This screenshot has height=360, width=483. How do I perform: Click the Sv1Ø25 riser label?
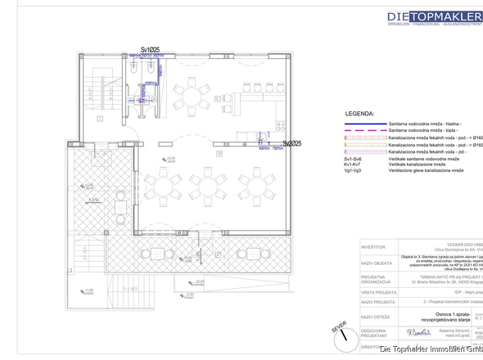pyautogui.click(x=149, y=50)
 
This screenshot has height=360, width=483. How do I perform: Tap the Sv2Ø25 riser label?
pyautogui.click(x=292, y=143)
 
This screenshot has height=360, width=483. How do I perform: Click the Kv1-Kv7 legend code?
pyautogui.click(x=358, y=165)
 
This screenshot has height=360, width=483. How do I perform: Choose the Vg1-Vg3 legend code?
pyautogui.click(x=358, y=171)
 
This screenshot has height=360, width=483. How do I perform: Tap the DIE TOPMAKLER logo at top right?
pyautogui.click(x=434, y=16)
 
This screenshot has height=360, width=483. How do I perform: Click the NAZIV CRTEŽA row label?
pyautogui.click(x=377, y=316)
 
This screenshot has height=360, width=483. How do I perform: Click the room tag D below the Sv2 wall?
pyautogui.click(x=219, y=153)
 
